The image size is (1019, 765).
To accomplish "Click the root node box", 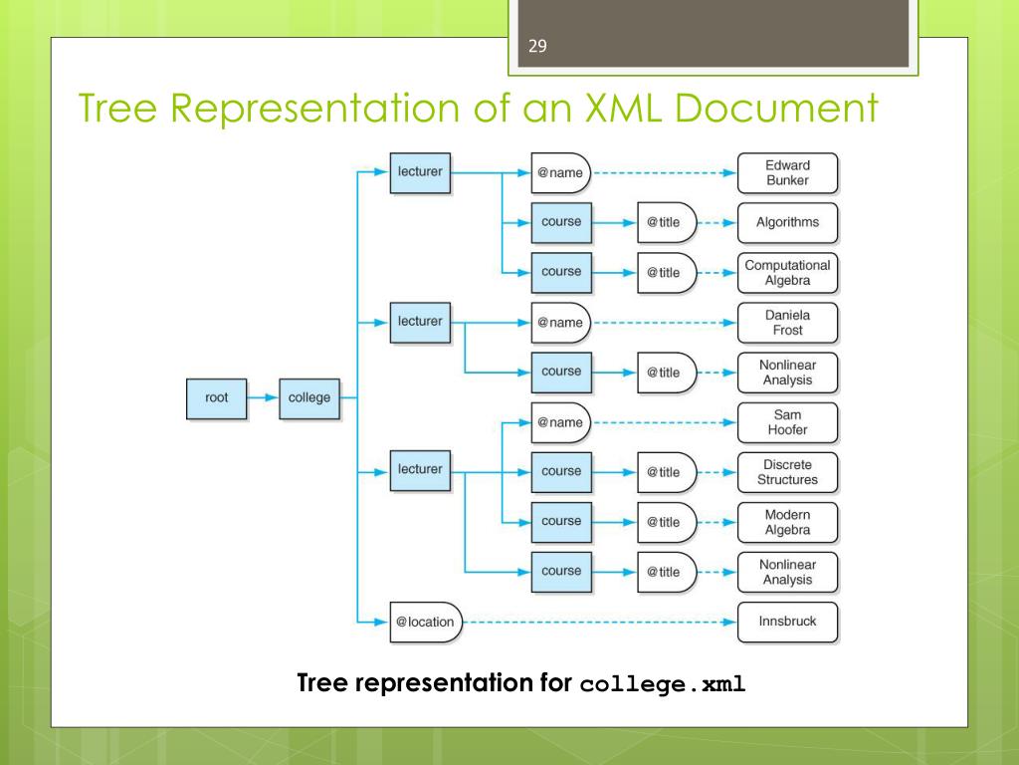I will coord(217,398).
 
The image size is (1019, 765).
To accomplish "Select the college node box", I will coord(309,398).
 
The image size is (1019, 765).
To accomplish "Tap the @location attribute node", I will coord(425,622).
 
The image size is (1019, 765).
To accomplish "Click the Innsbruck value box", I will coord(787,622).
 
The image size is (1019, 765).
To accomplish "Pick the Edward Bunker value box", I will coord(787,173).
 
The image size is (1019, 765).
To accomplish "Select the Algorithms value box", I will coord(787,222).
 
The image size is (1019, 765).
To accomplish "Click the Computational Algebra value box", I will coord(787,272).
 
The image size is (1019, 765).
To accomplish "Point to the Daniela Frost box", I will coord(787,323).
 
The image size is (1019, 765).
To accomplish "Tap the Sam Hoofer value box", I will coord(787,422).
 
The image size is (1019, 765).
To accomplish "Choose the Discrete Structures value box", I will coord(787,472).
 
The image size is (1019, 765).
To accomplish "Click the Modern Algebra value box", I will coord(787,522).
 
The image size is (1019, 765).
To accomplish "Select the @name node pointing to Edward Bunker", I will coord(560,173).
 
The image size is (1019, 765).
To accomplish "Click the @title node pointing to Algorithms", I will coord(665,222).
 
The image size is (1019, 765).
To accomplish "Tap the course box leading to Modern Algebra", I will coord(561,521).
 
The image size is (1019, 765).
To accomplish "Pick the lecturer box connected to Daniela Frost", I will coord(420,322).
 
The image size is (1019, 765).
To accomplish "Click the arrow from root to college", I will coord(263,398).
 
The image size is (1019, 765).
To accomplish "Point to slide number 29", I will coord(538,46).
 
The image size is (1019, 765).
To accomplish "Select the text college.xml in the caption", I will coord(662,685).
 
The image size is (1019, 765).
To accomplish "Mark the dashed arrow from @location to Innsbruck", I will coord(597,622).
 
